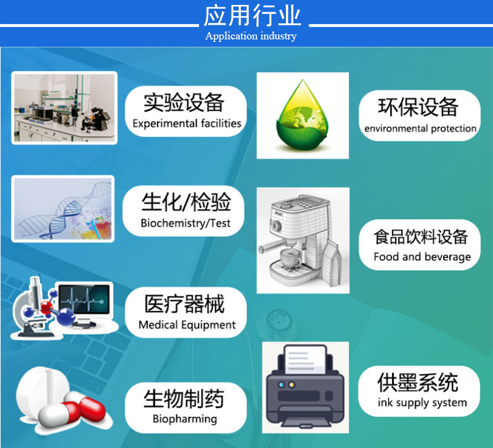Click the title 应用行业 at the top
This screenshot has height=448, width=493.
pos(252,15)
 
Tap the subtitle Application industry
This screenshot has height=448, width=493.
pos(251,36)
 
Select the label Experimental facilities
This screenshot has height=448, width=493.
pos(187,124)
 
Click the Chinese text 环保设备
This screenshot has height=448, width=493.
pos(418,106)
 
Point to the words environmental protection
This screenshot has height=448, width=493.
pos(420,129)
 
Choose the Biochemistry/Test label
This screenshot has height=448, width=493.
pos(185,223)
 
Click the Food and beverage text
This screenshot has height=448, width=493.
pos(422,257)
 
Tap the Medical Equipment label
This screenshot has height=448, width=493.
pos(187,324)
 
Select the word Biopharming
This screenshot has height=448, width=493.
pos(185,419)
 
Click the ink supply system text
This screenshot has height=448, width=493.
pos(422,403)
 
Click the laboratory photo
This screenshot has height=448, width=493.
pos(64,108)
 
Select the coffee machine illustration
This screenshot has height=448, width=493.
pos(303,240)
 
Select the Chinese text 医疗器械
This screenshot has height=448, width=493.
pos(184,304)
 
